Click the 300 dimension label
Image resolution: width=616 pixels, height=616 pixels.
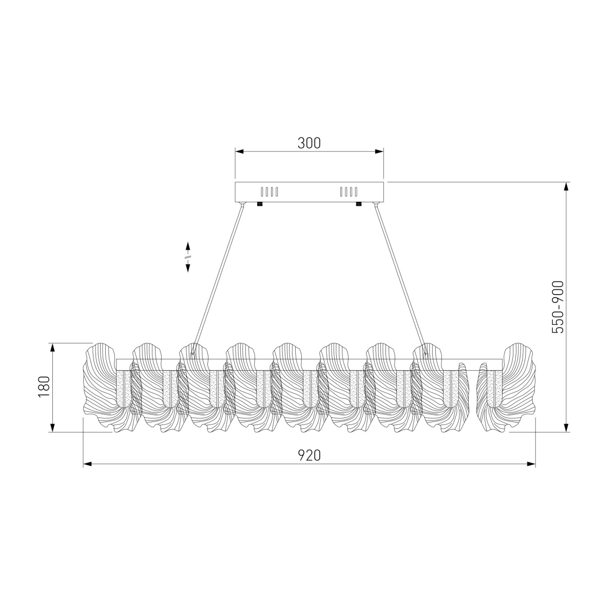click(x=309, y=143)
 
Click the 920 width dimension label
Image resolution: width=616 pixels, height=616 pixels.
click(x=309, y=455)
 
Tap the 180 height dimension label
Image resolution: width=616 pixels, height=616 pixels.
click(x=44, y=387)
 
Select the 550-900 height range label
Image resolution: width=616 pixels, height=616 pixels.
click(x=558, y=307)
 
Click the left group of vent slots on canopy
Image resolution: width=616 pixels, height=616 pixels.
click(x=269, y=192)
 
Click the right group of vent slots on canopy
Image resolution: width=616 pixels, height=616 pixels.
click(x=349, y=192)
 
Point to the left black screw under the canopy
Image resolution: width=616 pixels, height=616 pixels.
click(x=260, y=204)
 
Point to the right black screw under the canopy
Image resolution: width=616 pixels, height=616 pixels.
click(x=359, y=204)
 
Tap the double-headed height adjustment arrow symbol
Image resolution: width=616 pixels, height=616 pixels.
click(x=188, y=257)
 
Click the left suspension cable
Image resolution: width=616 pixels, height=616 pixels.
click(x=218, y=279)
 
